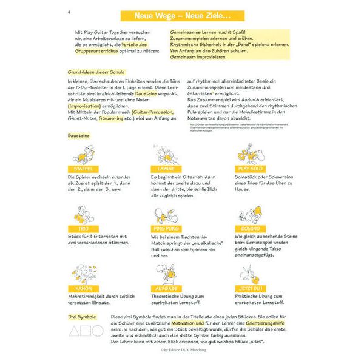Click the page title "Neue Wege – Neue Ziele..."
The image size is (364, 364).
pos(183,15)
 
